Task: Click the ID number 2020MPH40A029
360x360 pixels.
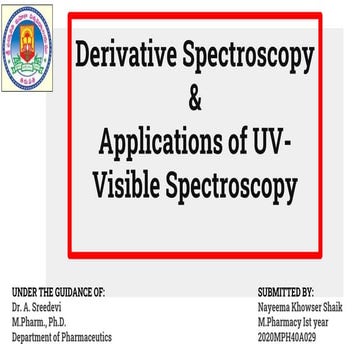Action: click(288, 337)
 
